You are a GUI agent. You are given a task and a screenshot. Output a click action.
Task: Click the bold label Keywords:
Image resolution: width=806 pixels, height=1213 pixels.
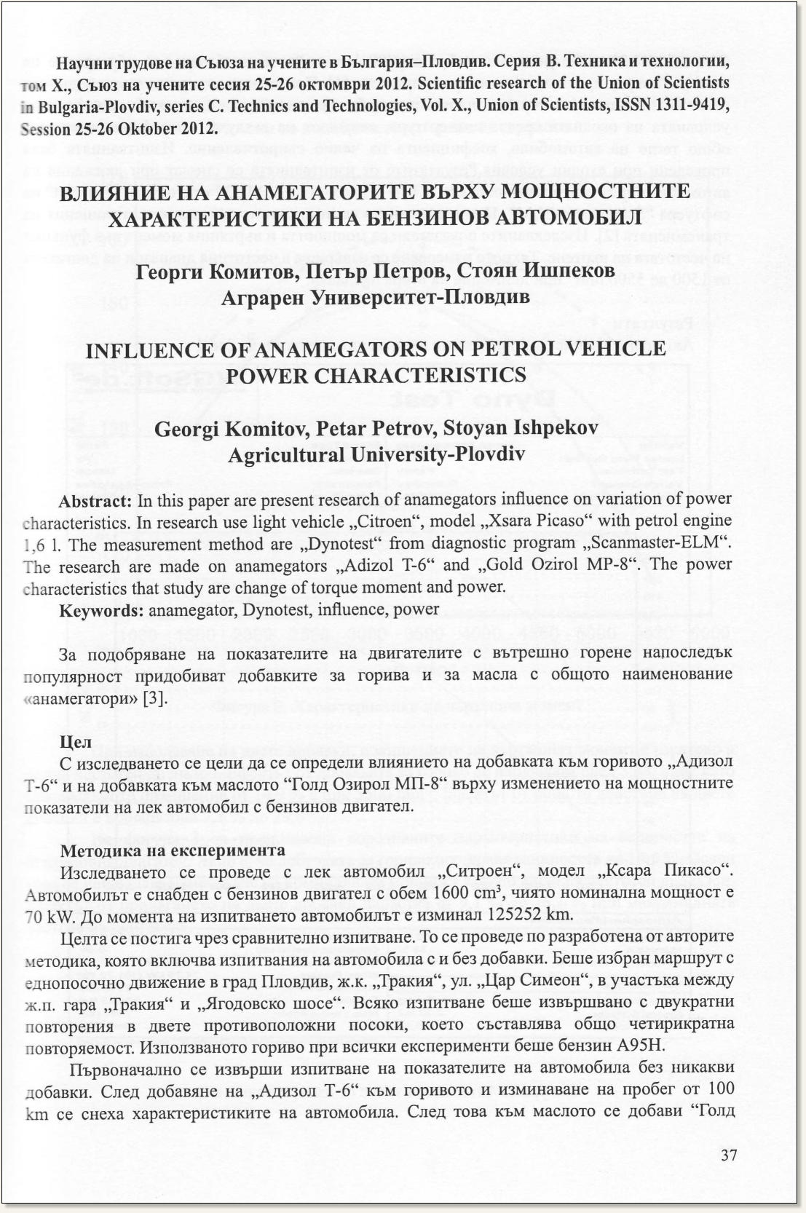(95, 609)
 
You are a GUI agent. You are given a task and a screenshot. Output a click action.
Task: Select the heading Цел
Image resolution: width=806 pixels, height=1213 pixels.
(73, 743)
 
